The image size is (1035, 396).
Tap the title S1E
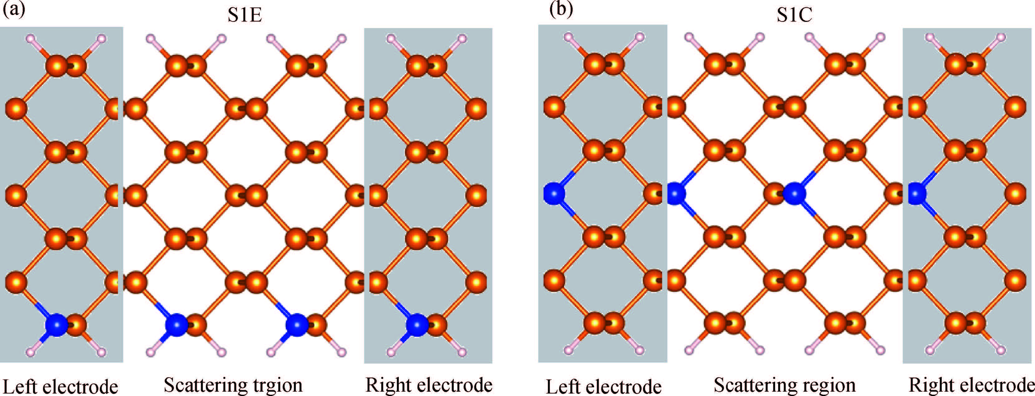click(x=245, y=15)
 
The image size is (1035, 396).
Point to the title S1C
click(x=794, y=15)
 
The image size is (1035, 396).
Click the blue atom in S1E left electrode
click(x=56, y=325)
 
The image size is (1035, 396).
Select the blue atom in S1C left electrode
click(x=554, y=193)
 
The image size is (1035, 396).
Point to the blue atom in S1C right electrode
click(x=917, y=193)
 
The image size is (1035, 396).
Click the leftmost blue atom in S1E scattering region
click(x=176, y=325)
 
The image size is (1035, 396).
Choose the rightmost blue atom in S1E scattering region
click(x=296, y=325)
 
